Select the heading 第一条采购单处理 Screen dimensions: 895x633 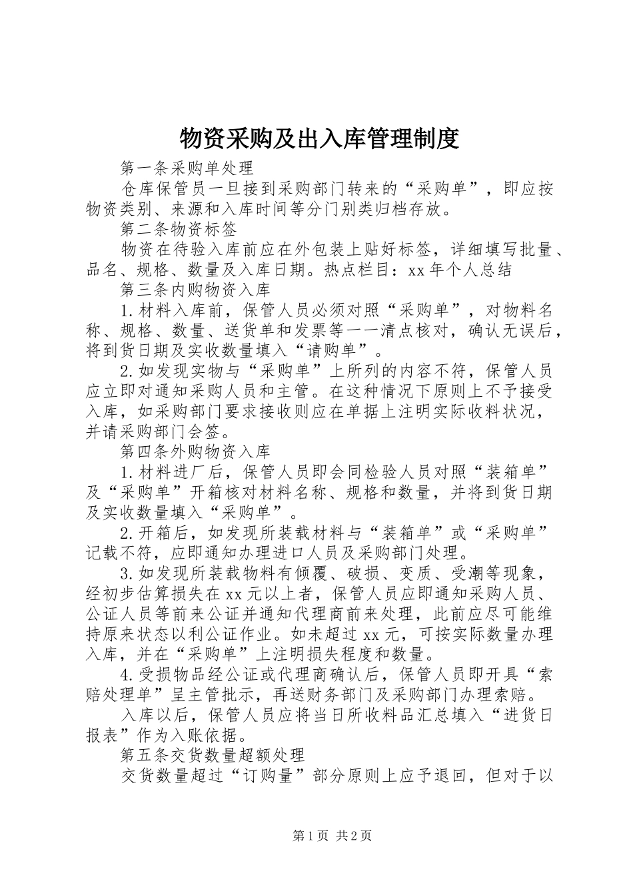pos(187,167)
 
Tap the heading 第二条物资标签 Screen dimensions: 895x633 pos(179,230)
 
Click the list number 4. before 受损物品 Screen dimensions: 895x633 pos(129,675)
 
